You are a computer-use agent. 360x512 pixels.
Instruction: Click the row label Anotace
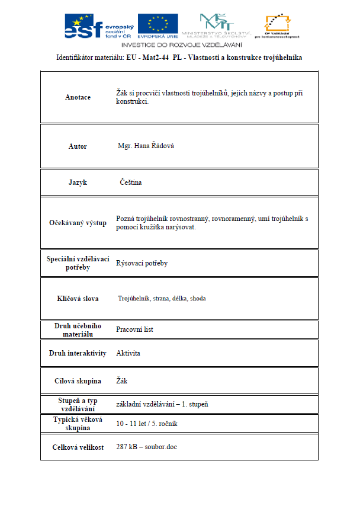pyautogui.click(x=78, y=97)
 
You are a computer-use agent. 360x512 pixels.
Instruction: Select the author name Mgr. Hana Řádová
pyautogui.click(x=146, y=146)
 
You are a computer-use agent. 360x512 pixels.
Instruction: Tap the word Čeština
pyautogui.click(x=131, y=183)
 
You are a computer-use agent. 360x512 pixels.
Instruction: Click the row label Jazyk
pyautogui.click(x=78, y=183)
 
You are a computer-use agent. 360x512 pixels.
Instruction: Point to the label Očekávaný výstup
pyautogui.click(x=78, y=223)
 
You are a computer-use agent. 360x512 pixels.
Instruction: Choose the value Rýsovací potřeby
pyautogui.click(x=142, y=263)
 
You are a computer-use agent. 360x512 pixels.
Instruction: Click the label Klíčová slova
pyautogui.click(x=78, y=299)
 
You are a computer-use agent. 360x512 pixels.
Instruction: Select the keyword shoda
pyautogui.click(x=198, y=299)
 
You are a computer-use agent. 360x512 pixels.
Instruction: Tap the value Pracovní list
pyautogui.click(x=134, y=329)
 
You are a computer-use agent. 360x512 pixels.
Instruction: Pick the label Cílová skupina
pyautogui.click(x=78, y=381)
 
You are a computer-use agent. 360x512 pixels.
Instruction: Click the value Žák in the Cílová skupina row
pyautogui.click(x=122, y=381)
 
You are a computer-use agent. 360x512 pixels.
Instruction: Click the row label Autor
pyautogui.click(x=78, y=146)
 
